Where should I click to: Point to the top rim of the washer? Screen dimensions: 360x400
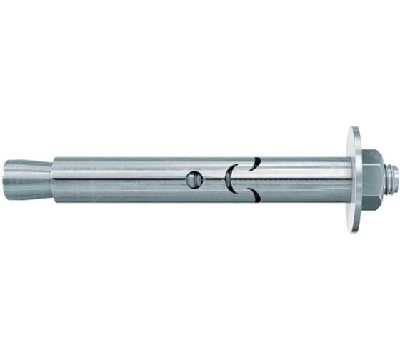[x=354, y=131]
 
